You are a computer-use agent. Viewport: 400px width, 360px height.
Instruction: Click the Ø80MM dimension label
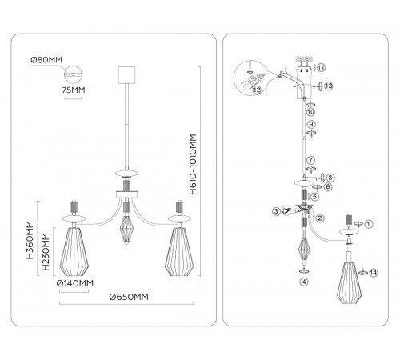46,60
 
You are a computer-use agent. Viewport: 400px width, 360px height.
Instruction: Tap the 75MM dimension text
74,90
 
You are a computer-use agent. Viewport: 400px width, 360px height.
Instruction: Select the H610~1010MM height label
193,164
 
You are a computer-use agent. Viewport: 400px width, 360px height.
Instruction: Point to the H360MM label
30,240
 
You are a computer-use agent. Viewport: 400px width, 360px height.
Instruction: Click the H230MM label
46,252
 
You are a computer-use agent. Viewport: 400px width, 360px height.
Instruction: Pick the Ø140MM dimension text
75,283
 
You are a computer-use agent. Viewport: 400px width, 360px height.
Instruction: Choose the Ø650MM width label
129,297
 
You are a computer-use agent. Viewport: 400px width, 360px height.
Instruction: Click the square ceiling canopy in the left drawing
126,75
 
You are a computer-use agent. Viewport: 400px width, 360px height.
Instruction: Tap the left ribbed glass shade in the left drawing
74,252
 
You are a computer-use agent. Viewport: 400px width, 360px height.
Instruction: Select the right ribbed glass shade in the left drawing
179,252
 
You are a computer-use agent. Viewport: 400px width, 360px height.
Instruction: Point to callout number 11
321,68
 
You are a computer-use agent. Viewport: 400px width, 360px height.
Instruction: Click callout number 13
329,86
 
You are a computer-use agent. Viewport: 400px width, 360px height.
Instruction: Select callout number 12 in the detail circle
257,90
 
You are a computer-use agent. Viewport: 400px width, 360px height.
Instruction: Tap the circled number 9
311,124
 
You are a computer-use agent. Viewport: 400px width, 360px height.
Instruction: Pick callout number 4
304,282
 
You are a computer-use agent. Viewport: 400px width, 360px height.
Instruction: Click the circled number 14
374,273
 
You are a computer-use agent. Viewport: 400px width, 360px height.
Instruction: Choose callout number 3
276,211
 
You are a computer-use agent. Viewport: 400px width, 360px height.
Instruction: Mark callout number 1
368,224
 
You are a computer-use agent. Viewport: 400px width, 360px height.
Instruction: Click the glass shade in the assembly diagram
349,282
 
